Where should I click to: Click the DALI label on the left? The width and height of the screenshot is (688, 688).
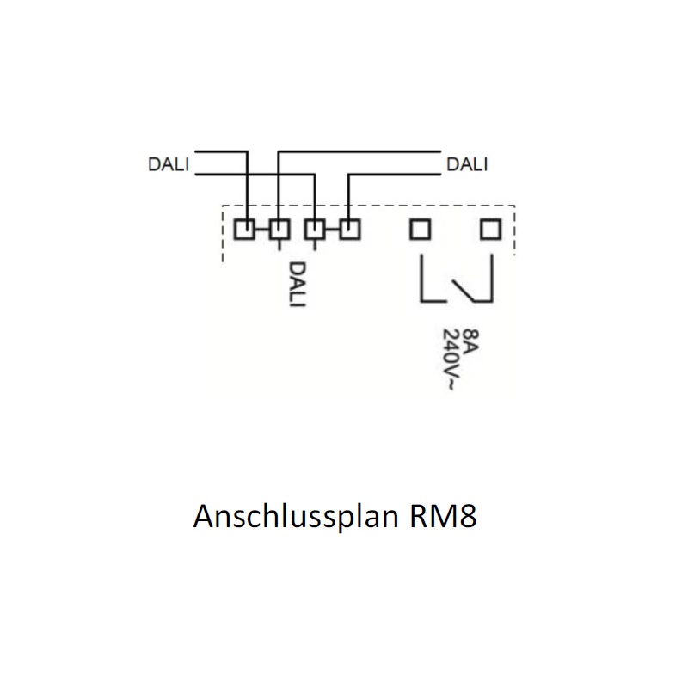169,164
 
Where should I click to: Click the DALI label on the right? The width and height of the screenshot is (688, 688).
467,164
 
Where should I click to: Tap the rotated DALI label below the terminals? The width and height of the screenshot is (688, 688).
297,285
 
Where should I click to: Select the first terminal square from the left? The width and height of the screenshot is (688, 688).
244,230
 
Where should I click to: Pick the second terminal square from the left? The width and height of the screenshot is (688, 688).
279,230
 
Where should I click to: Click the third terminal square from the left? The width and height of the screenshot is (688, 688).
315,230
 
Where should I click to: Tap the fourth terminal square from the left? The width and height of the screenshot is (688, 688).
350,230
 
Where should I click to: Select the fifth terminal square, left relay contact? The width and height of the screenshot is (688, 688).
420,230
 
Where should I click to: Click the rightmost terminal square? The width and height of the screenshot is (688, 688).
490,230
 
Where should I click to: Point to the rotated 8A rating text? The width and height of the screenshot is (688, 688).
470,340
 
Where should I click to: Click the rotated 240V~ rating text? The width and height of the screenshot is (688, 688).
451,359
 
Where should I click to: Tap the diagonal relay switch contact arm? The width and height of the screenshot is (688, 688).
464,291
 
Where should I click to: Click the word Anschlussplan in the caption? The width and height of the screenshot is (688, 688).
296,517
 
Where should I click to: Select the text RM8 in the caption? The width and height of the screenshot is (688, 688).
443,516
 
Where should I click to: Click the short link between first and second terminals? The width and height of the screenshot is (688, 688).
262,230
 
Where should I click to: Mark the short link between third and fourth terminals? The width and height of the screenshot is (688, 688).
332,230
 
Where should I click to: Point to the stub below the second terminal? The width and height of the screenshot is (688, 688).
279,245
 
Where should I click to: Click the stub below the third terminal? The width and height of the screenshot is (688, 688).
315,245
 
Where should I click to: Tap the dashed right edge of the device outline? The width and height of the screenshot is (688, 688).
514,230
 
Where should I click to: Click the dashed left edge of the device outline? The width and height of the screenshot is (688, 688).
223,233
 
